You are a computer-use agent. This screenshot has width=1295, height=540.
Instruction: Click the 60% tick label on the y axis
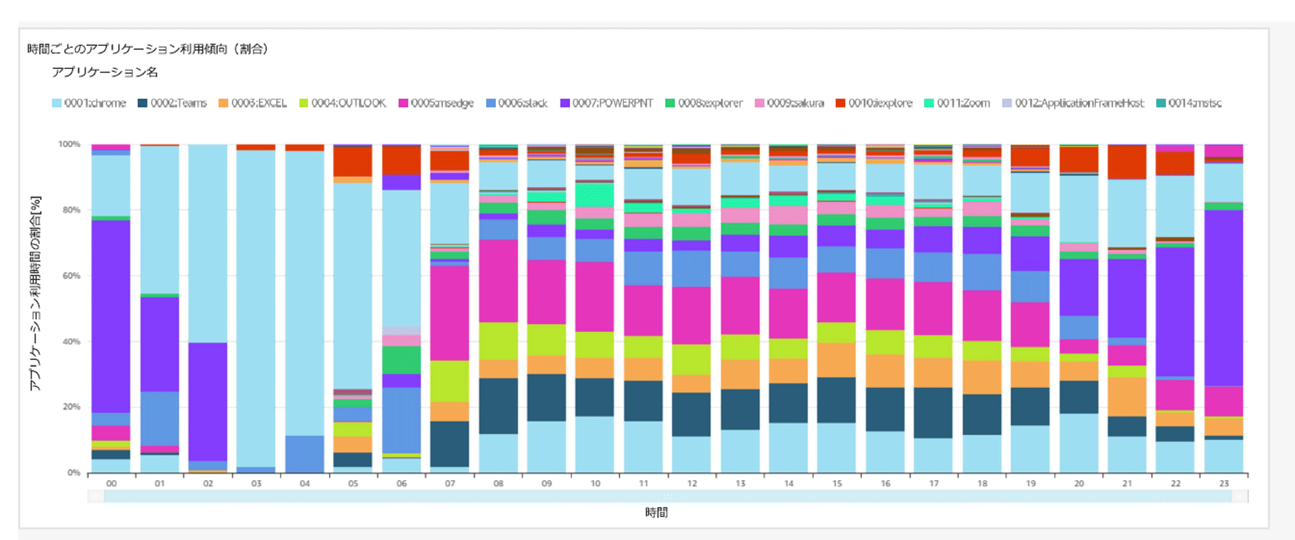(71, 275)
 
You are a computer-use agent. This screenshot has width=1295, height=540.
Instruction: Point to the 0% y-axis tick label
(74, 473)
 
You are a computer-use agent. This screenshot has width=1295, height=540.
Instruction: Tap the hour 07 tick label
(450, 483)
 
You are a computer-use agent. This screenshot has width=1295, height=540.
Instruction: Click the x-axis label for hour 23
(1224, 483)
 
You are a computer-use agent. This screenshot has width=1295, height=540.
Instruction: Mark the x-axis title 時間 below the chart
(656, 512)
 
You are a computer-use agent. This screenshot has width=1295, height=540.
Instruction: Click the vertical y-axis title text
(35, 294)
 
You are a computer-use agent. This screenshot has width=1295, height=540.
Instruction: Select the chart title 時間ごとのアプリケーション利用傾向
(147, 49)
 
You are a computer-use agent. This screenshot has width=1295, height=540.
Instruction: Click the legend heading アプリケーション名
(105, 72)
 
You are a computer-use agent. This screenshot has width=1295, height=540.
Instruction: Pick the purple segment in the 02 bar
(208, 402)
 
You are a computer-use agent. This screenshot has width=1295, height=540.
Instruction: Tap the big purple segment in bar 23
(1224, 297)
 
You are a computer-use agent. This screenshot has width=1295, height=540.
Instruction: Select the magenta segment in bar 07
(450, 313)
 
